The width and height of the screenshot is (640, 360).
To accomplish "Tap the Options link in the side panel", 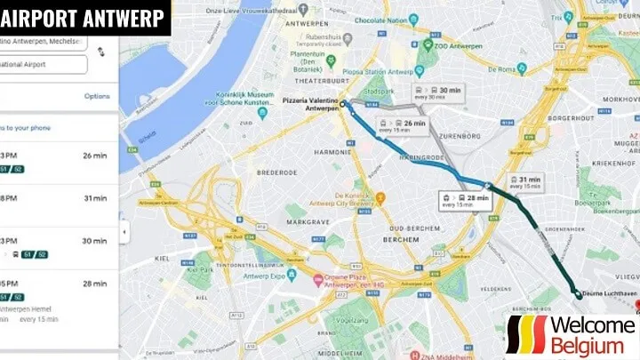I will pos(97,96).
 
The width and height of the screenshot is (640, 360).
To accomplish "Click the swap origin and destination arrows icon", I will pos(100,52).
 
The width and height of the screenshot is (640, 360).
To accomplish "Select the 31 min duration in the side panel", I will pos(95,197).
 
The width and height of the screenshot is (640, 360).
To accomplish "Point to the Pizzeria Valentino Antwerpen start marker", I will pos(342,102).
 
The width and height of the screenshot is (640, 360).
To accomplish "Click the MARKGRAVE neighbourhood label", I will pos(308,219).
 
